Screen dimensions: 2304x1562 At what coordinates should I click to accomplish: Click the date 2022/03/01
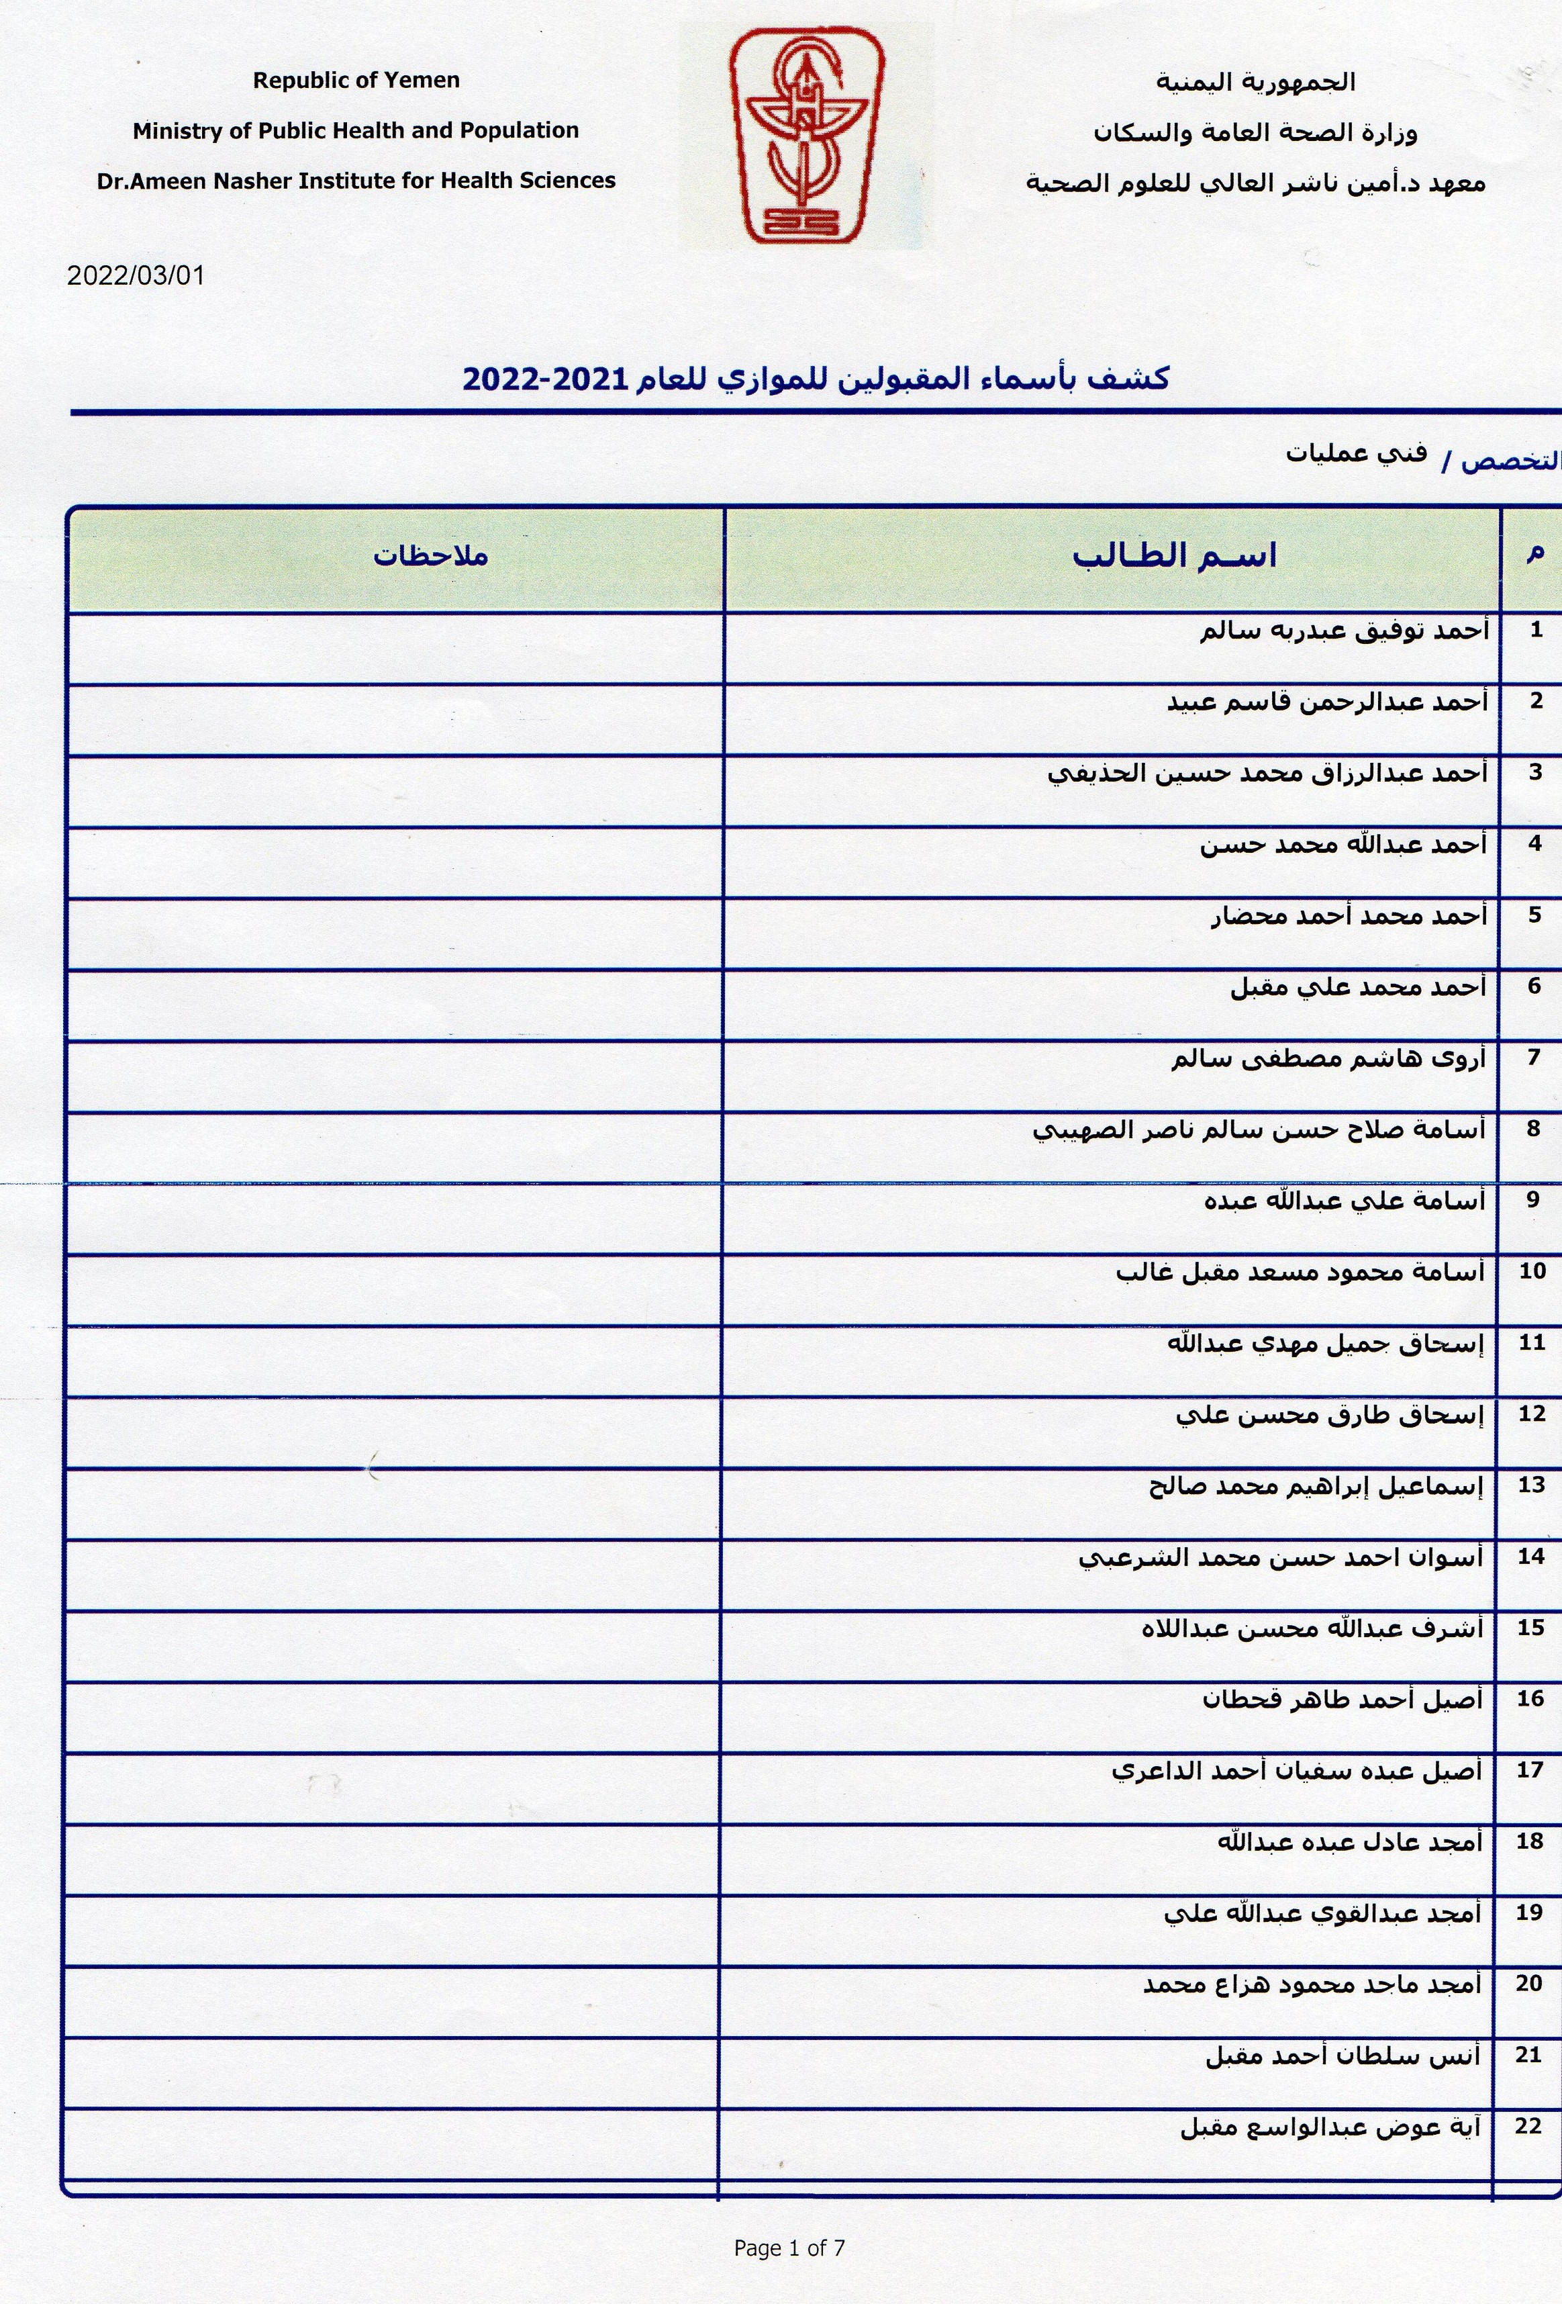pos(136,275)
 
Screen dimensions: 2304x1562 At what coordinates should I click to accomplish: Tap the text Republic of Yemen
pos(356,81)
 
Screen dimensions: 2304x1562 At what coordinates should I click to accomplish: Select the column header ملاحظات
pos(430,555)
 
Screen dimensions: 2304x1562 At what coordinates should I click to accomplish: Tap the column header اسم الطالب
pos(1175,555)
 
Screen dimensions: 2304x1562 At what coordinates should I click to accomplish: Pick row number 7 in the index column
pos(1533,1057)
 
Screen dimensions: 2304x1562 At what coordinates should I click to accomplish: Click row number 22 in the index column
pos(1528,2125)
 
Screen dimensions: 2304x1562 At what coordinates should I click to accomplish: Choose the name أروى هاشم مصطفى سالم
pos(1328,1059)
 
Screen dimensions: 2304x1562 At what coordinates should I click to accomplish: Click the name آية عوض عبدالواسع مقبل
pos(1330,2127)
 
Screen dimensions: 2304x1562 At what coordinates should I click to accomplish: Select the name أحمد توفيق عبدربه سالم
pos(1344,631)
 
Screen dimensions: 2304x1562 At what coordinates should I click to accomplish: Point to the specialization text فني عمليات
pos(1356,453)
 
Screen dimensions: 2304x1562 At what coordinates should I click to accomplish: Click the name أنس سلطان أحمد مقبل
pos(1343,2056)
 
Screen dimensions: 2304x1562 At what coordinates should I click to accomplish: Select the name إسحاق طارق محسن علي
pos(1330,1415)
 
